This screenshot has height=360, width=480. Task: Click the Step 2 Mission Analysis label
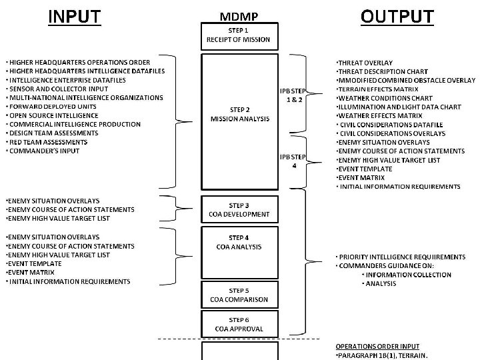[x=240, y=115]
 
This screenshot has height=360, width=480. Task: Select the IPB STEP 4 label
[x=293, y=161]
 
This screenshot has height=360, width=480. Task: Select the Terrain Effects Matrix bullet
[x=377, y=89]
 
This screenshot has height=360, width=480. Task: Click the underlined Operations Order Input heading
[x=377, y=347]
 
